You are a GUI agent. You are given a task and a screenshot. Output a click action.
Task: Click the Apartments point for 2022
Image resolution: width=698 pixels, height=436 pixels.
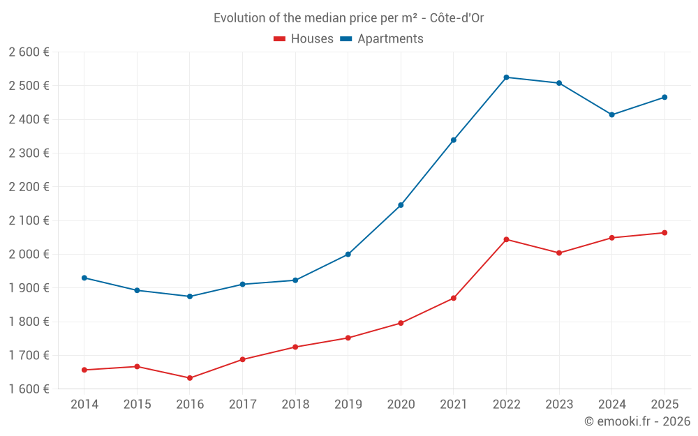coord(506,77)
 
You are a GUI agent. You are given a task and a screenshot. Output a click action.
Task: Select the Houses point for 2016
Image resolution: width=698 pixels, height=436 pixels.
coord(190,378)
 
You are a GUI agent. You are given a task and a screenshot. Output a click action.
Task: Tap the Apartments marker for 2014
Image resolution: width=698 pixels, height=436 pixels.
coord(84,278)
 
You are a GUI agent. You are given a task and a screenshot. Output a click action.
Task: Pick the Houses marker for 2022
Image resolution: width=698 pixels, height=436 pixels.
coord(506,239)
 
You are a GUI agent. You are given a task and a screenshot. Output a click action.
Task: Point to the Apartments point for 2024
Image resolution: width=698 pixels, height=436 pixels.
coord(611,114)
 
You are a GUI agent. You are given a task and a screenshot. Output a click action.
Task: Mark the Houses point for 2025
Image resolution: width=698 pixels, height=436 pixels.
coord(664,233)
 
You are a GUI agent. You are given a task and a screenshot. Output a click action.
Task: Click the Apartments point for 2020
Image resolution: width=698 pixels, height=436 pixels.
coord(401,205)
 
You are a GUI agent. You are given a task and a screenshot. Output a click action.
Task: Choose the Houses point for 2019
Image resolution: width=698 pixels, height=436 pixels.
coord(348,338)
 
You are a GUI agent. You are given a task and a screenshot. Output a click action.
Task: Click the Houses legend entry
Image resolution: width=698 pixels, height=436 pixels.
coord(304,39)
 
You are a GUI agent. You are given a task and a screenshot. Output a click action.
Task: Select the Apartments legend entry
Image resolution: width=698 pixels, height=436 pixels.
coord(382,39)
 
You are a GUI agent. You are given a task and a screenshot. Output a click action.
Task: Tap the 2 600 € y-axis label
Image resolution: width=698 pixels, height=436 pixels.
coord(29,52)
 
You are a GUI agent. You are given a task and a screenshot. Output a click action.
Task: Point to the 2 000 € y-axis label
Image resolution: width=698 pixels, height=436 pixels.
coord(29,254)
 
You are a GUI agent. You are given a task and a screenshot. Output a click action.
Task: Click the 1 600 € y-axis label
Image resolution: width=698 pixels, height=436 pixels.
coord(29,389)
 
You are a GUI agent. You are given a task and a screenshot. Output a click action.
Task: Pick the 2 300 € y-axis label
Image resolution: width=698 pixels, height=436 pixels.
coord(29,153)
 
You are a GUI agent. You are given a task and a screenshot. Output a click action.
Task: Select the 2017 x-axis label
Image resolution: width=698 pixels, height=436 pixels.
coord(242,404)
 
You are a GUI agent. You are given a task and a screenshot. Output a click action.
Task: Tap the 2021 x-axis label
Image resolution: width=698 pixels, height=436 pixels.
coord(454,404)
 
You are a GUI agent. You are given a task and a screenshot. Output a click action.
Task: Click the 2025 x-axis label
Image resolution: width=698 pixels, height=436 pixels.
coord(664,404)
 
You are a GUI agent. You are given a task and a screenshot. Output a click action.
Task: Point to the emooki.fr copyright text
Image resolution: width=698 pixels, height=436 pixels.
coord(637,421)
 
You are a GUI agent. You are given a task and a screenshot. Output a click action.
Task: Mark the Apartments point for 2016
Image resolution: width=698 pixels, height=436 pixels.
coord(190,296)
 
